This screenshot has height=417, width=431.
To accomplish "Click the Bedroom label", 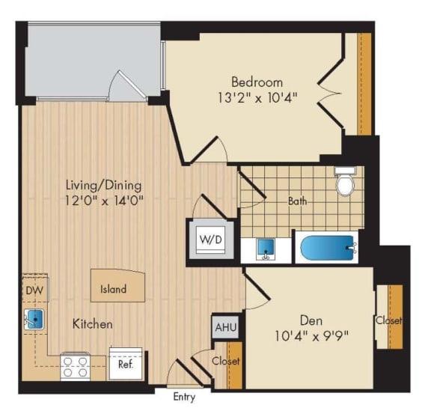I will pos(257,82).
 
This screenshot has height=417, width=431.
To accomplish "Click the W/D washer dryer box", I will pos(208,239).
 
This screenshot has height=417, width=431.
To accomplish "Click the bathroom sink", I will pos(264,248).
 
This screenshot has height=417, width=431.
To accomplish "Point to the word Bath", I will pos(298,201).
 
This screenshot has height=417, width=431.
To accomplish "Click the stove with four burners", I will pos(76,367).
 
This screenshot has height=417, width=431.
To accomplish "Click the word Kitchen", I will pos(93,324).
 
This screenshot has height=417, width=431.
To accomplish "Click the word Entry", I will pos(184,397).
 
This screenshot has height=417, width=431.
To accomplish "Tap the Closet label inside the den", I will pos(389,320).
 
